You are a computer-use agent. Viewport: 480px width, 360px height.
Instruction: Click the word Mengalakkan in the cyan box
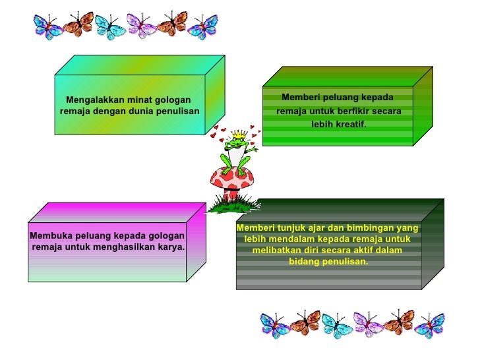[x=92, y=100]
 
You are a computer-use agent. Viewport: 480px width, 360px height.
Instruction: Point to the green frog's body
[x=235, y=156]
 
